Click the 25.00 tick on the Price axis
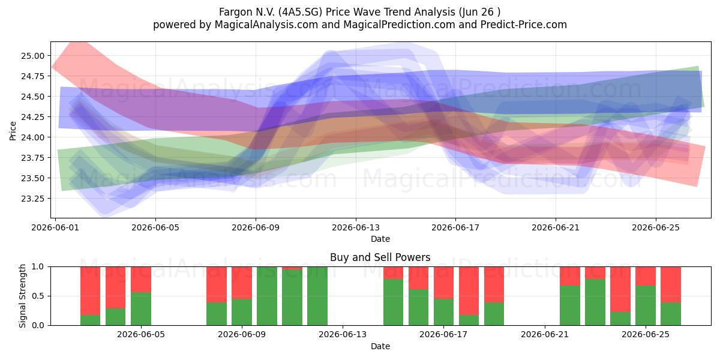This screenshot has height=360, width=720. coord(33,56)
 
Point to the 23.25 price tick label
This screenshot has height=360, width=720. coord(33,199)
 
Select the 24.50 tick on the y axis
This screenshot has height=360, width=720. coord(33,97)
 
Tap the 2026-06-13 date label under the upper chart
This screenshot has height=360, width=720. coord(355,227)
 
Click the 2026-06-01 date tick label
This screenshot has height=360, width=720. coord(55,227)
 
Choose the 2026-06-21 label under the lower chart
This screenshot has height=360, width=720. coord(545,334)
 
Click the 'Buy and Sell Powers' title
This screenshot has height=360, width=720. coord(380,257)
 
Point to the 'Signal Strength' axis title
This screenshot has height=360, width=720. coord(22,296)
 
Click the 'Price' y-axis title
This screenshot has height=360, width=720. coord(13,131)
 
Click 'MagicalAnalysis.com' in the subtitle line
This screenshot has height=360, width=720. coord(266,25)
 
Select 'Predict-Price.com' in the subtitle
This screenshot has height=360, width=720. coord(524,25)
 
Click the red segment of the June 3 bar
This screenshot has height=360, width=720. coord(115,287)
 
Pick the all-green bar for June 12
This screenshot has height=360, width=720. coord(317,296)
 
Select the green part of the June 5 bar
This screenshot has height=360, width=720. coord(141,308)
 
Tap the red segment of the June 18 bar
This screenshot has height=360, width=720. coord(469,291)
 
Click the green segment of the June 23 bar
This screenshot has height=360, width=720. coord(595,302)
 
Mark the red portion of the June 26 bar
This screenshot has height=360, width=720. coord(671,284)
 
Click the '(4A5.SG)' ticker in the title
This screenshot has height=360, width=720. coord(300,12)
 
